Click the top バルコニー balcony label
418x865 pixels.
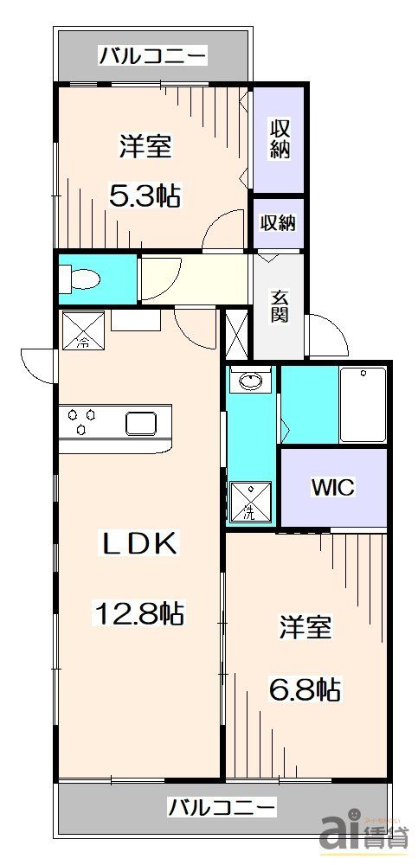(x=152, y=57)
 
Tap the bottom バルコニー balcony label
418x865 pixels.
(x=222, y=809)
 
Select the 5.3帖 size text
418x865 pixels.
(x=145, y=196)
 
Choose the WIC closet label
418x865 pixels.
(x=332, y=488)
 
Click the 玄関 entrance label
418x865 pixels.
(x=280, y=307)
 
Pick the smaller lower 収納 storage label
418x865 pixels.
(x=279, y=222)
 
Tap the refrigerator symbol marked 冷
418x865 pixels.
(x=83, y=330)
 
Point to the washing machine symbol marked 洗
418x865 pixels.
(x=248, y=499)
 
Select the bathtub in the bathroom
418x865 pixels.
(x=362, y=404)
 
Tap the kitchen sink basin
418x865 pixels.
(x=142, y=423)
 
